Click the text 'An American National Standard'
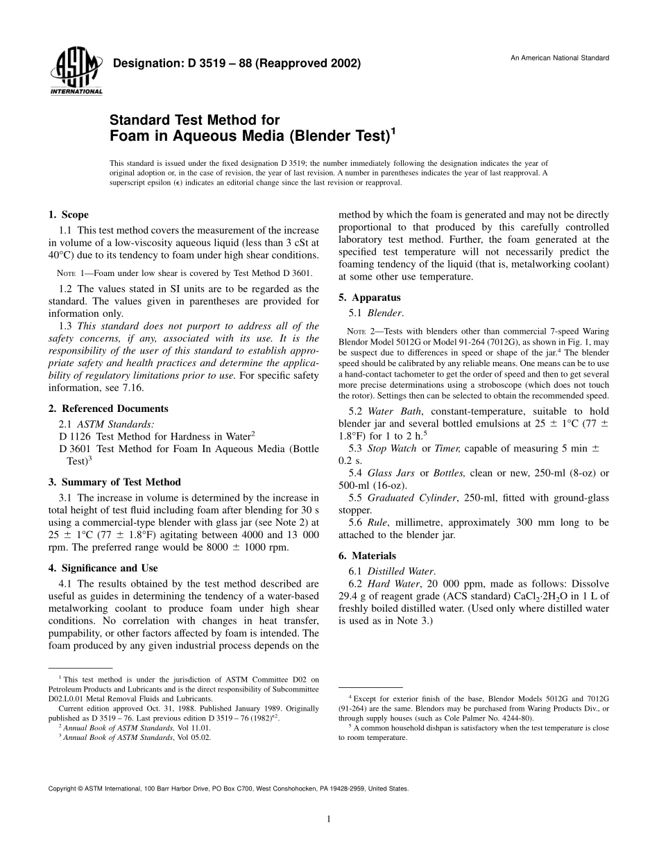[x=560, y=58]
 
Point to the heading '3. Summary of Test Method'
[x=114, y=482]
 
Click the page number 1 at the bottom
[x=329, y=819]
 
